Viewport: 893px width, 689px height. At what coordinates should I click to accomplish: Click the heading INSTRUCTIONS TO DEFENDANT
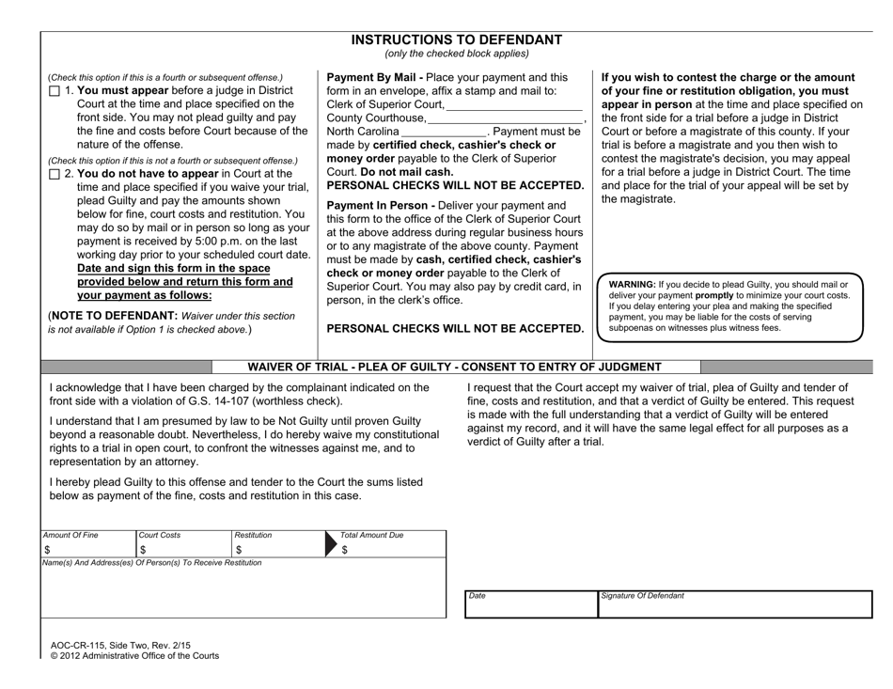pyautogui.click(x=457, y=39)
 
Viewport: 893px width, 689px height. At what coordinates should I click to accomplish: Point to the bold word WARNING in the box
pyautogui.click(x=634, y=284)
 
